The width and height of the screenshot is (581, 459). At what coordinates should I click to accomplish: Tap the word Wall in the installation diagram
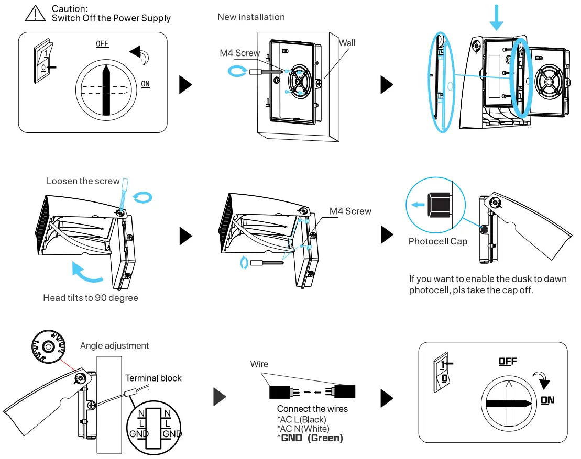coord(346,43)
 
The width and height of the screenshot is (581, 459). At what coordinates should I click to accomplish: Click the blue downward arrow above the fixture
coord(497,18)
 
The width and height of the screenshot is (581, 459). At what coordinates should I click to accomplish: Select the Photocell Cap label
coord(437,241)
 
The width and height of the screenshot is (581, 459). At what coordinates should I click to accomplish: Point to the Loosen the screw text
coord(83,181)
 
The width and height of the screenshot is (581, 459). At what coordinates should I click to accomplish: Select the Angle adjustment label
coord(114,346)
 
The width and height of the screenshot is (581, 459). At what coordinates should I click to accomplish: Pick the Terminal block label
coord(154,378)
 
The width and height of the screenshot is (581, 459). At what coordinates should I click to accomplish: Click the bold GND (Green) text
coord(310,438)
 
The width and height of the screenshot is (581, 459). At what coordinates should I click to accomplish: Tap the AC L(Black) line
coord(301,419)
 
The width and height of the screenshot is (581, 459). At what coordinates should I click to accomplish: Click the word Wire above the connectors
coord(259,364)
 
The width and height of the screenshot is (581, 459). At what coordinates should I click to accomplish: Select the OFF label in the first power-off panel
coord(102,44)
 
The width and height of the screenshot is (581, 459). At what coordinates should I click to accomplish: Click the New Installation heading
coord(251,17)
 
